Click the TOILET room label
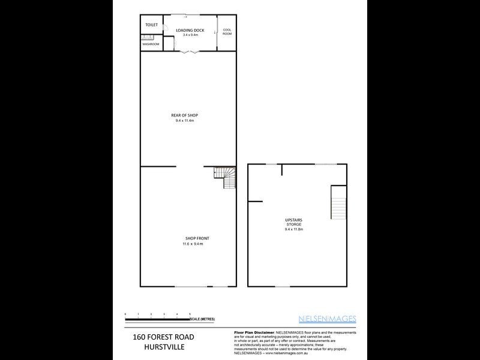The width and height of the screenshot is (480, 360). coord(151,25)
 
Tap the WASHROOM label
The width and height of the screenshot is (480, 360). coord(151,44)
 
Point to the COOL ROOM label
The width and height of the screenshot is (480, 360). coord(227,31)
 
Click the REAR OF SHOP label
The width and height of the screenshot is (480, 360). coord(185,115)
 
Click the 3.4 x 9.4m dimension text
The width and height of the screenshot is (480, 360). coord(190,35)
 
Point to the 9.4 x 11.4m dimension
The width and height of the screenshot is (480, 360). coord(185,121)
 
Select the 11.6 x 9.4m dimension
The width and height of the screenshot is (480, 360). coord(194,244)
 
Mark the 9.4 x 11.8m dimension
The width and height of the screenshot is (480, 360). coord(294,229)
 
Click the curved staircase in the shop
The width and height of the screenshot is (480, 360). coord(226,178)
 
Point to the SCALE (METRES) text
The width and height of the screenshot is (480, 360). coord(202,319)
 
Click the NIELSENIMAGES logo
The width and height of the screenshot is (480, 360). coord(328,319)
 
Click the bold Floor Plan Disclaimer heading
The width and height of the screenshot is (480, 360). coord(253,332)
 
